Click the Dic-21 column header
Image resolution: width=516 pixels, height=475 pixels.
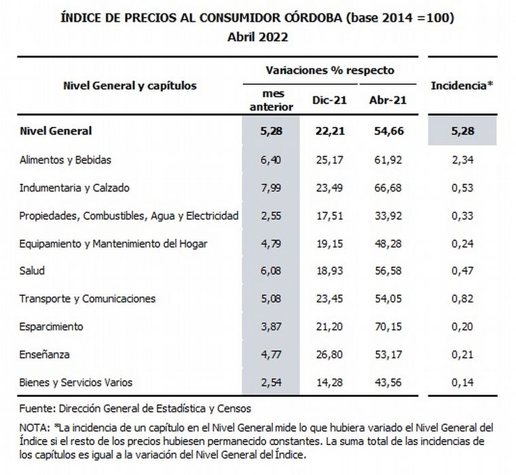point(330,100)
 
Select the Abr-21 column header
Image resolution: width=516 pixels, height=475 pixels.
point(387,100)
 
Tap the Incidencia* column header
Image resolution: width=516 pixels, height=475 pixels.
point(461,86)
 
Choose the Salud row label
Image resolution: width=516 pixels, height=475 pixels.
point(33,271)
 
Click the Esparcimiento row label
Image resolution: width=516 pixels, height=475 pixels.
point(52,326)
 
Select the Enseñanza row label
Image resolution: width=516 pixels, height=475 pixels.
point(45,354)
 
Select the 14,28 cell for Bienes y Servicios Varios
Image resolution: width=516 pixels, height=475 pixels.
point(330,382)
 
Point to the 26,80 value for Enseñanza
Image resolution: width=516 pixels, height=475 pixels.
point(330,354)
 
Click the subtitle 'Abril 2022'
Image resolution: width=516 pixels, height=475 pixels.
point(258,37)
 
